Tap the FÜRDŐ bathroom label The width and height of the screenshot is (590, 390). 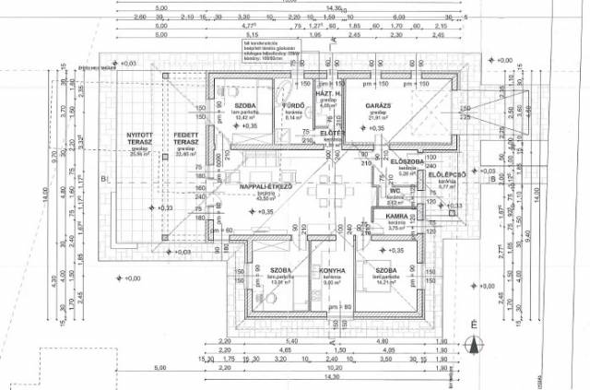click(x=294, y=106)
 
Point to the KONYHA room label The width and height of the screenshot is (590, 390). click(x=333, y=271)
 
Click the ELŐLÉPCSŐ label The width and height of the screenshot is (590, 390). click(x=448, y=173)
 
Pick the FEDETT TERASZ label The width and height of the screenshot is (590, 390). click(x=188, y=140)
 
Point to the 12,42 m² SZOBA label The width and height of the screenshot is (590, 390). click(x=244, y=107)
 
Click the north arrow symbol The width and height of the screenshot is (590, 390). click(x=472, y=344)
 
